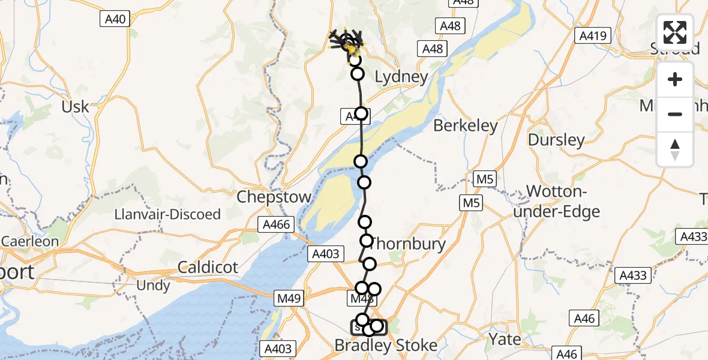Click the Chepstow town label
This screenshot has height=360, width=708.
(274, 197)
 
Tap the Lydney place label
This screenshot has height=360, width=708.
(401, 77)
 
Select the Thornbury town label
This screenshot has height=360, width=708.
(408, 244)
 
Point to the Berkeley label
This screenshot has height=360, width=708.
(466, 126)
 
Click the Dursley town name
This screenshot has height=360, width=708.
(556, 140)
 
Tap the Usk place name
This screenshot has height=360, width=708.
(76, 107)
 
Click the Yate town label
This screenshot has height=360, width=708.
(505, 339)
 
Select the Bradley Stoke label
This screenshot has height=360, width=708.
(386, 345)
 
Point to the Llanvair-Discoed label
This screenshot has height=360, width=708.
(167, 214)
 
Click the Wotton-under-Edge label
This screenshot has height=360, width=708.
(563, 202)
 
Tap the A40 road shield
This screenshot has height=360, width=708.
(115, 19)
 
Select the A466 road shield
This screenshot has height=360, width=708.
(276, 225)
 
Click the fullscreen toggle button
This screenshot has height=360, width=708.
(675, 32)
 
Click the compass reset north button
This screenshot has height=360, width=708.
(675, 149)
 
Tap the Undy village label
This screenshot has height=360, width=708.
(153, 286)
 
